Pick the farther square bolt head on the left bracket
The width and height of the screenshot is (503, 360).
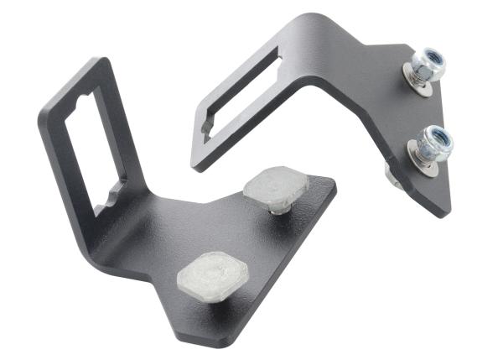point(275,185)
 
